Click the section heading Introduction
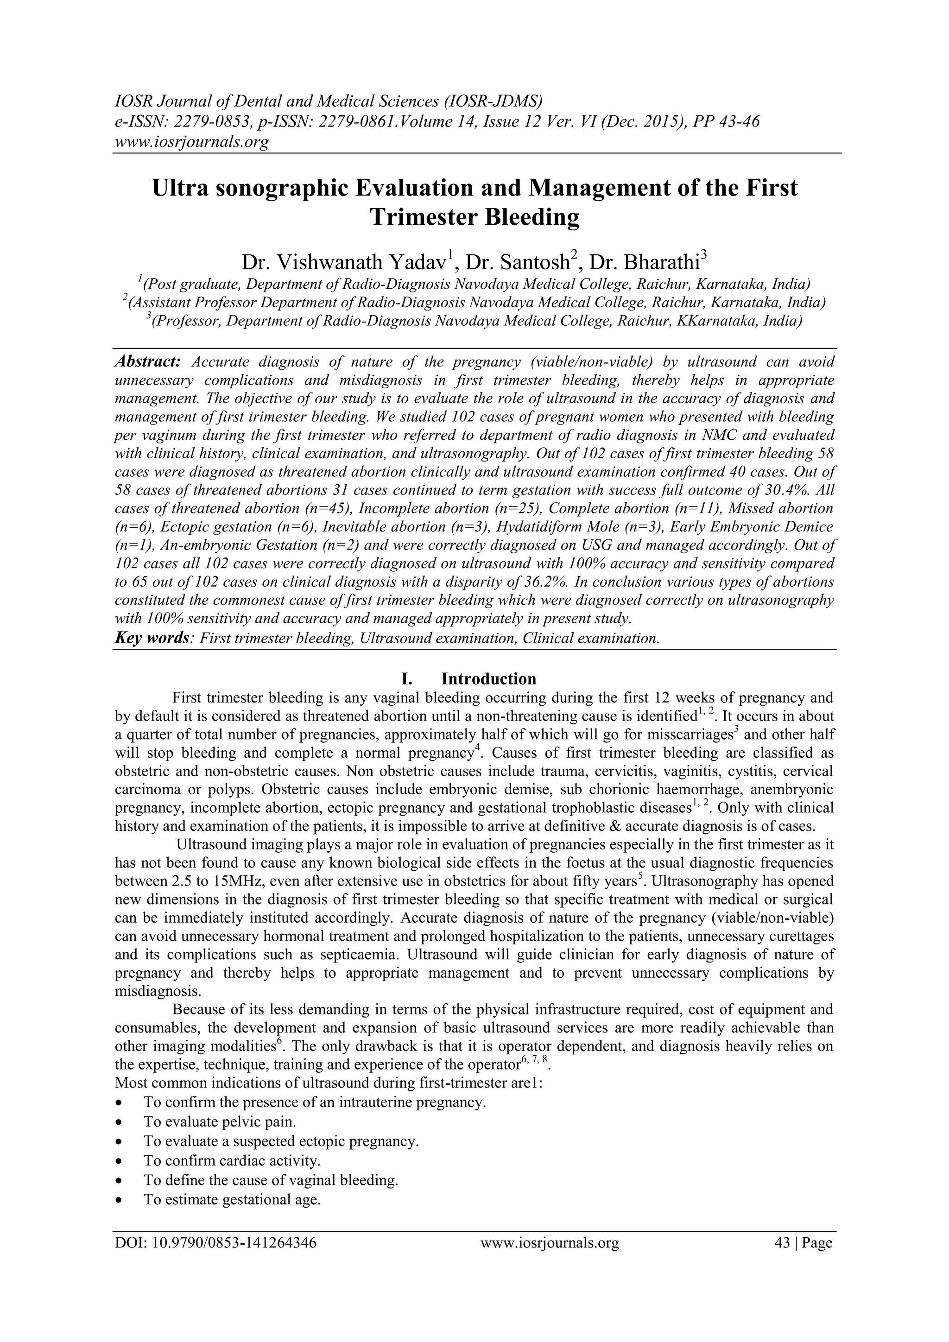(488, 678)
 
